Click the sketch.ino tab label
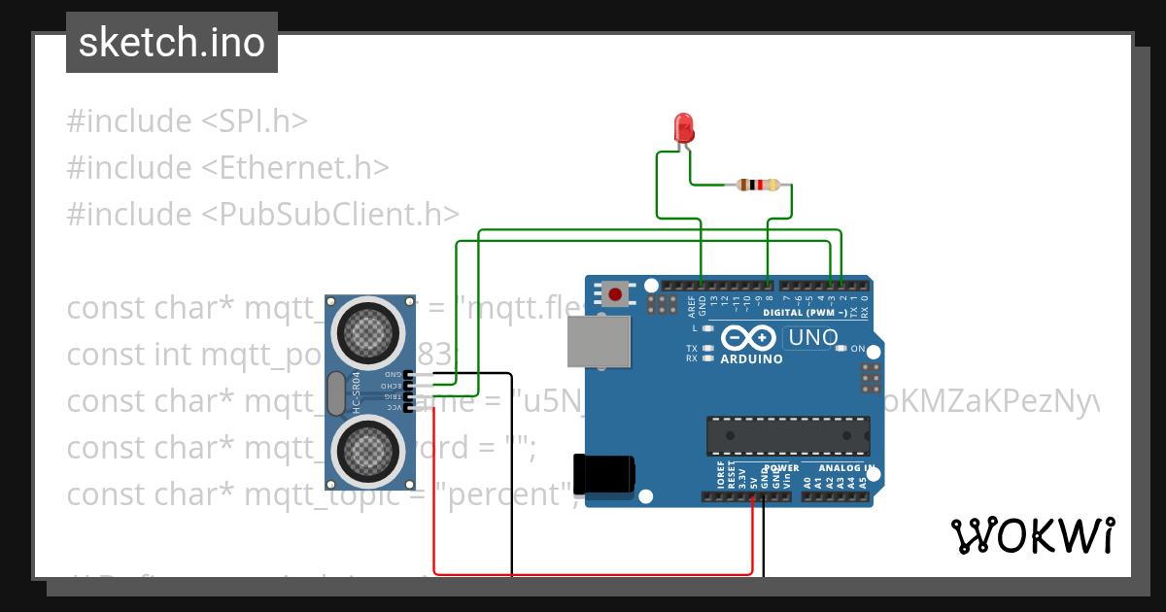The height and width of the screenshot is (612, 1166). pyautogui.click(x=171, y=43)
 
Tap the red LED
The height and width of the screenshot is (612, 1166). pyautogui.click(x=684, y=128)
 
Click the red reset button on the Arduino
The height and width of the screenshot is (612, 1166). pyautogui.click(x=615, y=292)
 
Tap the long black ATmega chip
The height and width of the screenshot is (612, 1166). pyautogui.click(x=787, y=435)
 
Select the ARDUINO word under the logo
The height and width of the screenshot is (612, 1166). pyautogui.click(x=751, y=359)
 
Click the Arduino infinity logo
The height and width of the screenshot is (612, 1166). pyautogui.click(x=748, y=338)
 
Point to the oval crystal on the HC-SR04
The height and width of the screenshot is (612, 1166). pyautogui.click(x=336, y=393)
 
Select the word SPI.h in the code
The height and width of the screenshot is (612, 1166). pyautogui.click(x=255, y=121)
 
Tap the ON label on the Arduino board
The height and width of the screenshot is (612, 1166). pyautogui.click(x=857, y=349)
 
